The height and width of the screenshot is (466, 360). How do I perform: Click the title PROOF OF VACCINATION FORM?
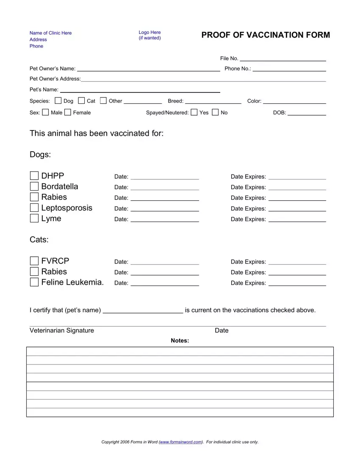click(266, 35)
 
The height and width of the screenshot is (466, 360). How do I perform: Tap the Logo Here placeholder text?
click(150, 32)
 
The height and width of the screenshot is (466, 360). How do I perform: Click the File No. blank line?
click(283, 59)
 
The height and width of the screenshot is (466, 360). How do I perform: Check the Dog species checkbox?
click(58, 101)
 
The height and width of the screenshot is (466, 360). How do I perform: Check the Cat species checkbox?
click(82, 101)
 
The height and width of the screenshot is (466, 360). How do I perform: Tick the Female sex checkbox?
click(68, 112)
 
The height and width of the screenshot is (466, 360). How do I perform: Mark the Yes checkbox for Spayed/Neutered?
click(194, 112)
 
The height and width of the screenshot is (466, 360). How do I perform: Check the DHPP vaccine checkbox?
click(34, 176)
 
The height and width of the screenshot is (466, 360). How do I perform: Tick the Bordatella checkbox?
click(34, 186)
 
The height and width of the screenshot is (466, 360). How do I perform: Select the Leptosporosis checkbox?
click(34, 208)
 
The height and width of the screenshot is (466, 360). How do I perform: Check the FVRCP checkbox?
click(34, 261)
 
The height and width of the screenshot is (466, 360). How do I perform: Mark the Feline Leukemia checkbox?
click(34, 282)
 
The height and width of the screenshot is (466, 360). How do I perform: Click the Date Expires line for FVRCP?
click(297, 263)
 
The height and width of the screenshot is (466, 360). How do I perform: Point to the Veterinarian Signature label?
click(62, 330)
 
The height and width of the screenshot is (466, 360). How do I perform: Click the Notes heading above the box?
click(180, 341)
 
